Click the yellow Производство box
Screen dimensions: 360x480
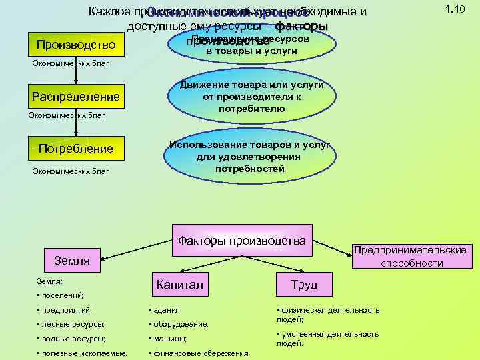(x=75, y=45)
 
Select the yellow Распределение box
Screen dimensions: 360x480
(x=76, y=97)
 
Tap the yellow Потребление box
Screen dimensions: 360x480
(x=75, y=148)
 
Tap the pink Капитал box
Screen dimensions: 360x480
(x=179, y=285)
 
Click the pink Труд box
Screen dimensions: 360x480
(x=303, y=285)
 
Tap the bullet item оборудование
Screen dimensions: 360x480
(x=181, y=324)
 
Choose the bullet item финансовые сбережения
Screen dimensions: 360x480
(x=201, y=353)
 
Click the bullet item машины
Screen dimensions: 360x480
(x=171, y=339)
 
